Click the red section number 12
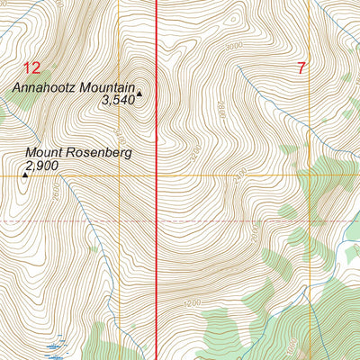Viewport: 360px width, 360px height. tap(32, 67)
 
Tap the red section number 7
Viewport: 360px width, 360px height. tap(300, 67)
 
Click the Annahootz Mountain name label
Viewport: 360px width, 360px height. tap(73, 88)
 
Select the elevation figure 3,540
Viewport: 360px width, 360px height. tap(118, 102)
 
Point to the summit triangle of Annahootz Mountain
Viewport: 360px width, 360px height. tap(139, 92)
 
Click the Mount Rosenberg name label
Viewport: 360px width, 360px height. tap(78, 153)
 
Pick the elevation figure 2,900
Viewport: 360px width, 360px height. tap(42, 166)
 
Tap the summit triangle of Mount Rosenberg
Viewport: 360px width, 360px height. tap(24, 175)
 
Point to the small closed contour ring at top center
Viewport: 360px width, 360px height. tap(232, 17)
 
